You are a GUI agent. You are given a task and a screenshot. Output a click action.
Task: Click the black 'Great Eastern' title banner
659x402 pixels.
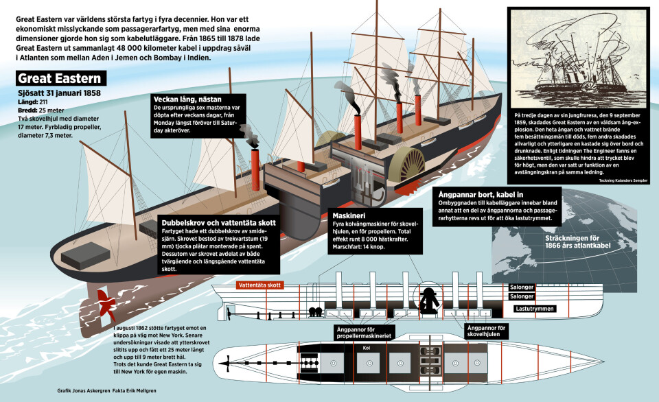click(x=60, y=79)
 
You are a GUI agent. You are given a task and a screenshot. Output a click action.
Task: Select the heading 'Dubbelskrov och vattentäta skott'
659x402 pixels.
click(x=220, y=223)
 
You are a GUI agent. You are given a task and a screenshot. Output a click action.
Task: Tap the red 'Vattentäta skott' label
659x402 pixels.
click(x=259, y=285)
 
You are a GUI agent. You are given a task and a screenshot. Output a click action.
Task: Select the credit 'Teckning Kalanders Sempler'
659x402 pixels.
click(x=609, y=180)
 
